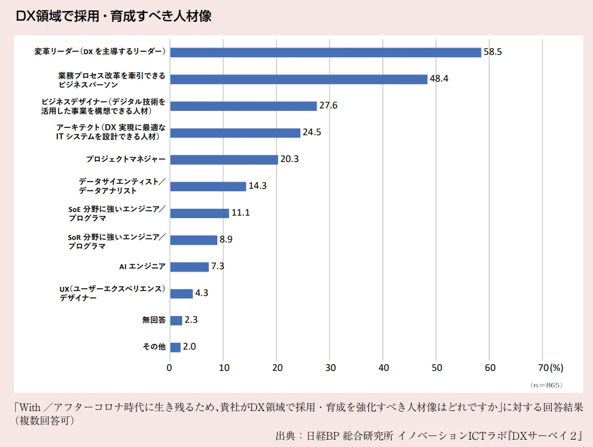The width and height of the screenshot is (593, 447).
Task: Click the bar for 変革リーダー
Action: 326,52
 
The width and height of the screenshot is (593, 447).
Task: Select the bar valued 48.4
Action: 299,79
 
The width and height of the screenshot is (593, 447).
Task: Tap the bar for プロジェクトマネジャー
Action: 224,160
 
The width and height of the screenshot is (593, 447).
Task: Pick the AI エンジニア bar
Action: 189,267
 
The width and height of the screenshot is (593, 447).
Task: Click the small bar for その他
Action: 175,347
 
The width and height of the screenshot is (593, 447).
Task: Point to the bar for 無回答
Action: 176,320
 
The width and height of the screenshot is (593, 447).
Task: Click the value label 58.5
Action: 493,52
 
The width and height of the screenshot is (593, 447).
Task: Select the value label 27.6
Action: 328,105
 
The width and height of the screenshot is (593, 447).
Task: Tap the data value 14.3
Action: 258,186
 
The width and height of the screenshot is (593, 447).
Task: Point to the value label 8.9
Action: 226,239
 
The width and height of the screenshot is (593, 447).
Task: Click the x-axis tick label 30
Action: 331,368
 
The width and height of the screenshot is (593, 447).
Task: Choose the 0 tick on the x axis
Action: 169,368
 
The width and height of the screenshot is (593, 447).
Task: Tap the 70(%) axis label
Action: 550,368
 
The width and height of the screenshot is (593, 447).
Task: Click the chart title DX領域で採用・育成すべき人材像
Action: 114,16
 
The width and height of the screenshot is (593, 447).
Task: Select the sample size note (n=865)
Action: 547,385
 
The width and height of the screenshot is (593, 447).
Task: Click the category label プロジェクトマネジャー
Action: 126,159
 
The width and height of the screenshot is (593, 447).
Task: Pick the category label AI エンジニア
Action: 142,267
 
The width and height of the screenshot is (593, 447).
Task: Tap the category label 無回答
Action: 154,320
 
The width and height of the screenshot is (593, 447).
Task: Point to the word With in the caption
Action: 30,407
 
